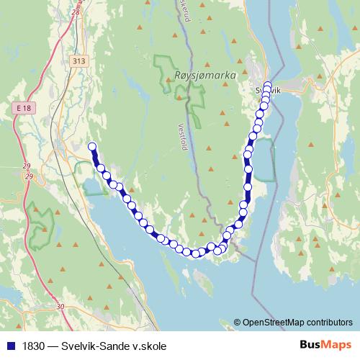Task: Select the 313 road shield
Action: click(x=79, y=61)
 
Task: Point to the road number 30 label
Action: click(x=60, y=307)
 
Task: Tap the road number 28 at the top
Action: click(x=76, y=12)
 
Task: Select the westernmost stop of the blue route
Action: click(x=92, y=147)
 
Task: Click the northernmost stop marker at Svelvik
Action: click(x=268, y=85)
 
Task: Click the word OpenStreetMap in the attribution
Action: click(x=275, y=322)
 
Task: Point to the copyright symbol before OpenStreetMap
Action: click(x=238, y=322)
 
